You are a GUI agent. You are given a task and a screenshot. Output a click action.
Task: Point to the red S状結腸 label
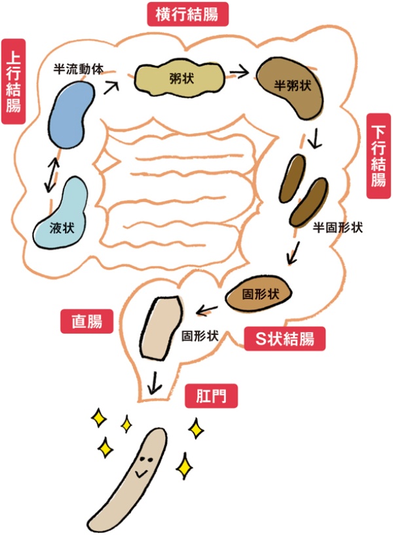[283, 339]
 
